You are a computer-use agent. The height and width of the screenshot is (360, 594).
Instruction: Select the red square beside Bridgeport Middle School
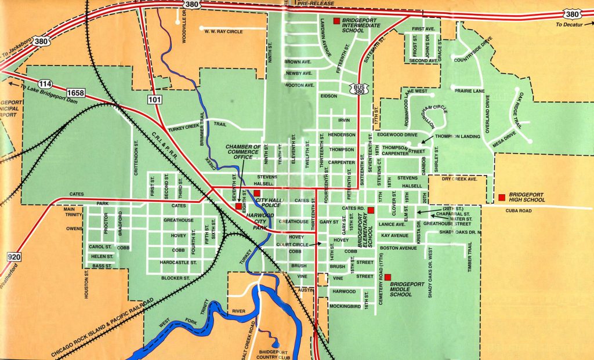click(x=387, y=277)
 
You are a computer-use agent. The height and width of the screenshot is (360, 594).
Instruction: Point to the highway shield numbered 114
click(x=47, y=82)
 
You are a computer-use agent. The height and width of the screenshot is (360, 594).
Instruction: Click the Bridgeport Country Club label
click(x=273, y=354)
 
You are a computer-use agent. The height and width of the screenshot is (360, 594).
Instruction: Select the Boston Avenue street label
click(x=399, y=248)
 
